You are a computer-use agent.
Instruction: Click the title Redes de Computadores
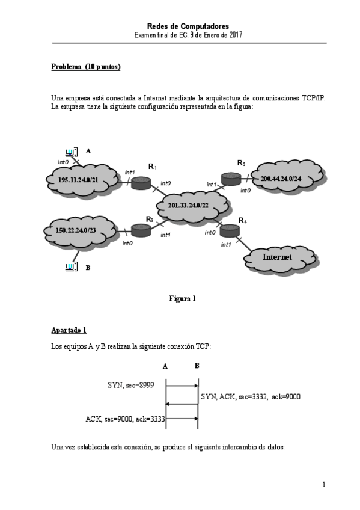click(x=188, y=26)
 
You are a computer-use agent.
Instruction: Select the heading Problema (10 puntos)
click(x=86, y=67)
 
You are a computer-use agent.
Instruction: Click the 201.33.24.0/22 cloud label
click(x=189, y=205)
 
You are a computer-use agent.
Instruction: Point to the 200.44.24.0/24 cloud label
click(x=281, y=179)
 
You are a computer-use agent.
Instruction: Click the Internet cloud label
click(x=277, y=257)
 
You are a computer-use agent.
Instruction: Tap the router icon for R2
click(x=140, y=230)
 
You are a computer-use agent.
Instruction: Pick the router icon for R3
click(x=230, y=179)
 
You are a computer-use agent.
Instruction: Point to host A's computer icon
click(x=70, y=152)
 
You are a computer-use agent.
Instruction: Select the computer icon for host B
click(x=70, y=266)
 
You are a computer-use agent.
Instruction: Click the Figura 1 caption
click(x=182, y=298)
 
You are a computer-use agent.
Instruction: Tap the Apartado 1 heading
click(x=69, y=330)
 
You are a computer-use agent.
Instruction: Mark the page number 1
click(x=323, y=484)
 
